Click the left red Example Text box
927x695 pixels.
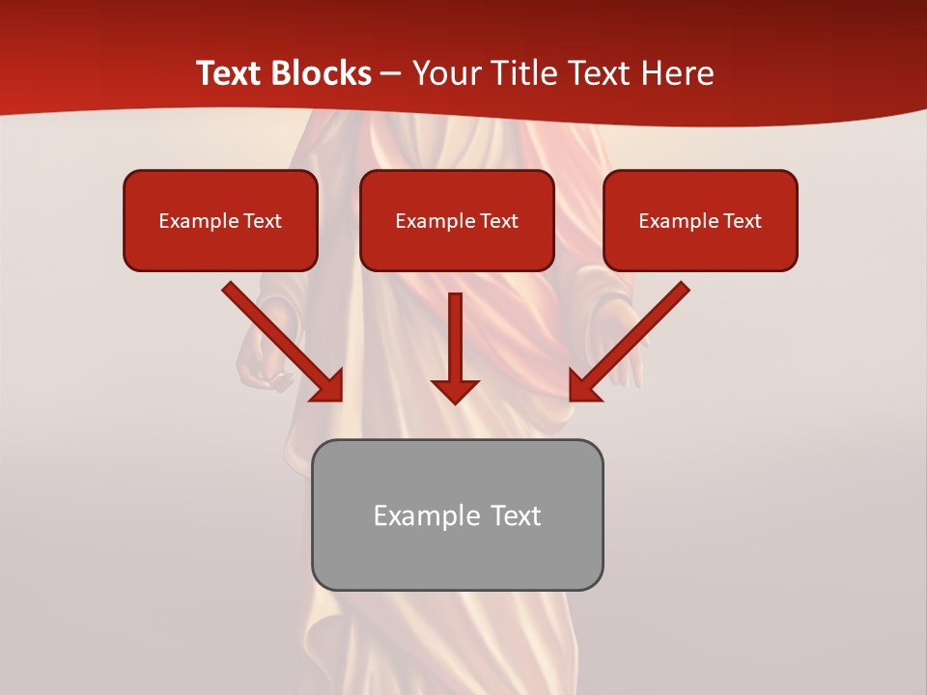[220, 220]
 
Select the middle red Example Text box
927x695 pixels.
[457, 220]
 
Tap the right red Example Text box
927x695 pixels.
[700, 220]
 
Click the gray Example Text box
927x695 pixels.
[457, 514]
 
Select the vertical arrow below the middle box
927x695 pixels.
[456, 343]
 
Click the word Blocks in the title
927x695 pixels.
[321, 73]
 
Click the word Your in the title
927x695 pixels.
[443, 73]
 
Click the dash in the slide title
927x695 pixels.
[391, 73]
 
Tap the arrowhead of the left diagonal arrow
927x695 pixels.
[328, 386]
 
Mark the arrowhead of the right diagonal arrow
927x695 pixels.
[584, 386]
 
